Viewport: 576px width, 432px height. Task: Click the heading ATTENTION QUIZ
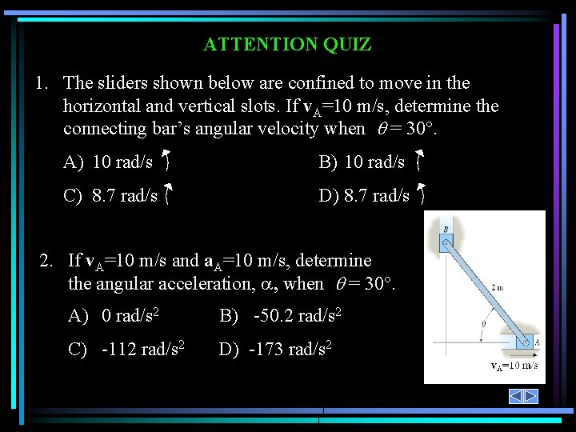287,45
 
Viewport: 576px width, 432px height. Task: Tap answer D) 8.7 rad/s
364,196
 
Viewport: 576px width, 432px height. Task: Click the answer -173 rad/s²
276,350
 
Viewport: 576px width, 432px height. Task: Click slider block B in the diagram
446,239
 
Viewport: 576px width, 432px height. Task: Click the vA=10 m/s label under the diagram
514,366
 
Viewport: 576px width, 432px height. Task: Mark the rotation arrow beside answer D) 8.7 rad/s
421,194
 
